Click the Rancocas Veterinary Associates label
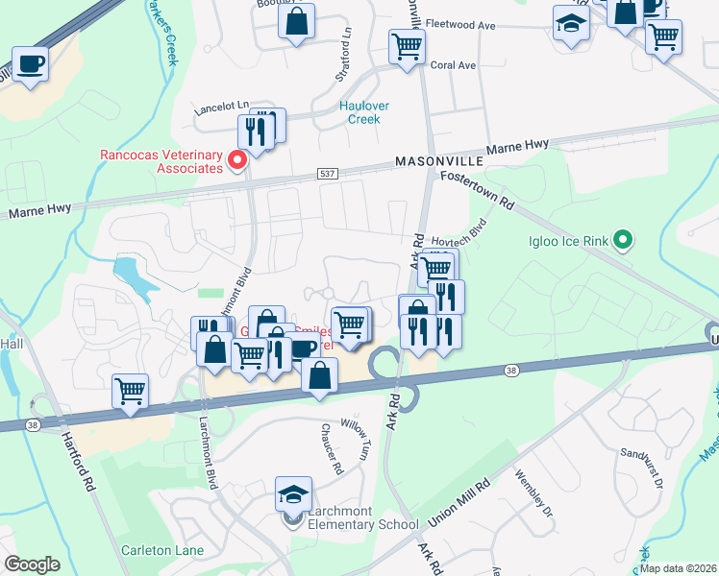point(161,161)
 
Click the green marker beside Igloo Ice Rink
point(623,240)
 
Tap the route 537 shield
point(327,173)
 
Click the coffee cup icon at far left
point(30,64)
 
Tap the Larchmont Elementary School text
point(363,524)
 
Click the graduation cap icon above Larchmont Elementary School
point(294,494)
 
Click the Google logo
point(32,564)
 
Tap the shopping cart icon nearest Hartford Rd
point(130,391)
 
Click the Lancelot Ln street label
point(221,106)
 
